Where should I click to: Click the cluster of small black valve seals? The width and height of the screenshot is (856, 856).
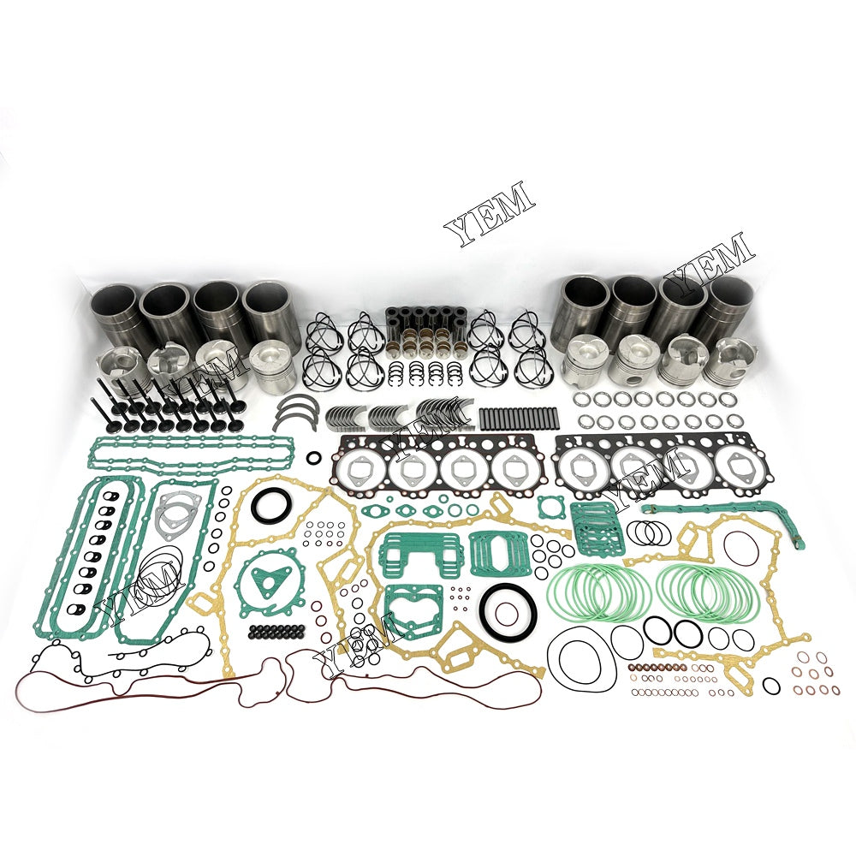(x=276, y=633)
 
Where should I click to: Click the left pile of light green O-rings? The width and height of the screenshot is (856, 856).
(x=598, y=591)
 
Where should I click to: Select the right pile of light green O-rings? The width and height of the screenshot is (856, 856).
(x=708, y=591)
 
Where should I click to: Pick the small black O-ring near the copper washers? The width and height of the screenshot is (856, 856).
(x=770, y=685)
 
